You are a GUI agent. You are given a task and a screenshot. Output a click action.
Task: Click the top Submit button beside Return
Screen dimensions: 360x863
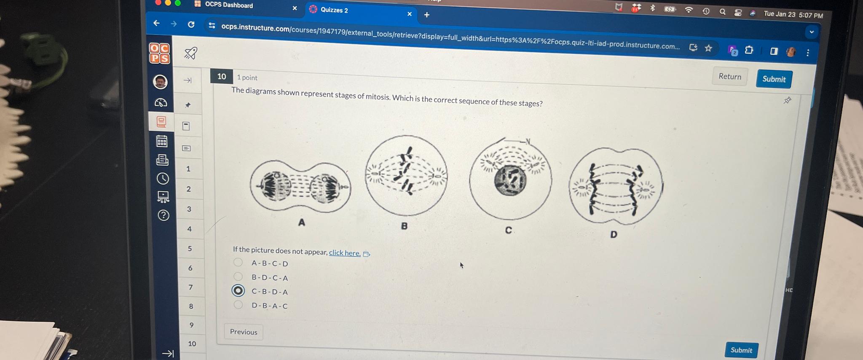pyautogui.click(x=774, y=79)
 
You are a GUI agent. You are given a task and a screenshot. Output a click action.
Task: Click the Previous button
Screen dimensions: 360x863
pyautogui.click(x=244, y=332)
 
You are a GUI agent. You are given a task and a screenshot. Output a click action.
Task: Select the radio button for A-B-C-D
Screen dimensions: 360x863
pyautogui.click(x=238, y=262)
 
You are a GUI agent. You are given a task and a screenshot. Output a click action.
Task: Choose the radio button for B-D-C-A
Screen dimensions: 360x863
pyautogui.click(x=238, y=277)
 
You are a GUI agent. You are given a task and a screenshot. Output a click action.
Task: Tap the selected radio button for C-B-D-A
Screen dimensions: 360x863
pyautogui.click(x=238, y=290)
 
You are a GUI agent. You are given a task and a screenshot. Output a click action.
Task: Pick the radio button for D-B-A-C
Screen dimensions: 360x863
pyautogui.click(x=238, y=304)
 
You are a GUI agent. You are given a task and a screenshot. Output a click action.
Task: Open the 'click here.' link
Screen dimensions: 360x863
pyautogui.click(x=345, y=253)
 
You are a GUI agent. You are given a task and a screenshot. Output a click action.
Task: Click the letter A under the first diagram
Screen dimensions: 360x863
pyautogui.click(x=301, y=222)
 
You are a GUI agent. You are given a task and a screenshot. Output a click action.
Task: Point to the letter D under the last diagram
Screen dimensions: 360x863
pyautogui.click(x=614, y=234)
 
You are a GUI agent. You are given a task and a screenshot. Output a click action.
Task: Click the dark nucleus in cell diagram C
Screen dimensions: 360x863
pyautogui.click(x=510, y=180)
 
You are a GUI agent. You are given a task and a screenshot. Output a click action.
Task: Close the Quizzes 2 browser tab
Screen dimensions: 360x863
pyautogui.click(x=409, y=14)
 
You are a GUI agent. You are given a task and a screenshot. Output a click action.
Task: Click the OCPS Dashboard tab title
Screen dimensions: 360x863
pyautogui.click(x=229, y=5)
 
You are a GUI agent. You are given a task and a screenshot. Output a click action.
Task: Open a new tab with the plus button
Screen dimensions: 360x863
pyautogui.click(x=427, y=15)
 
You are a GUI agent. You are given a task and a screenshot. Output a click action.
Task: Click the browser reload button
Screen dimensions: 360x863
pyautogui.click(x=191, y=24)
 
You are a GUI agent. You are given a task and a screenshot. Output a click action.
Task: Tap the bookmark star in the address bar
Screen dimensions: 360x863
pyautogui.click(x=708, y=48)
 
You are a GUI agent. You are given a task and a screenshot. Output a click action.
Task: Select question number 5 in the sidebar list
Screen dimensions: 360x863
pyautogui.click(x=190, y=248)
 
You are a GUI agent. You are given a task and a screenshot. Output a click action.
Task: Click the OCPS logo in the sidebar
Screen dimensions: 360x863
pyautogui.click(x=160, y=54)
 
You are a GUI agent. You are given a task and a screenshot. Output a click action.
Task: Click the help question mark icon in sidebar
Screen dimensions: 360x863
pyautogui.click(x=163, y=215)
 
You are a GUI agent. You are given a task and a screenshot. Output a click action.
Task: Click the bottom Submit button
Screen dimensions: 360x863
pyautogui.click(x=741, y=350)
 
